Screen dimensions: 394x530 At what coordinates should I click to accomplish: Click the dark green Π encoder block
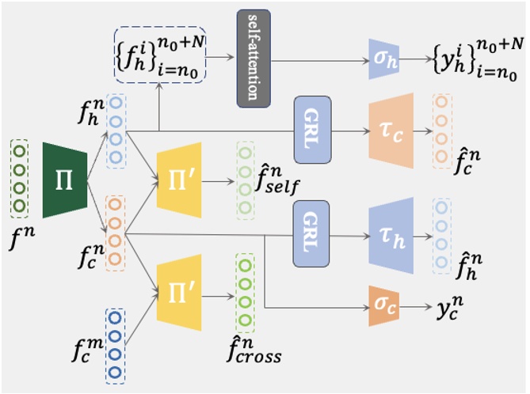(x=64, y=180)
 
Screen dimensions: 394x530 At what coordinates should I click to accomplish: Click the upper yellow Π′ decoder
(x=179, y=180)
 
